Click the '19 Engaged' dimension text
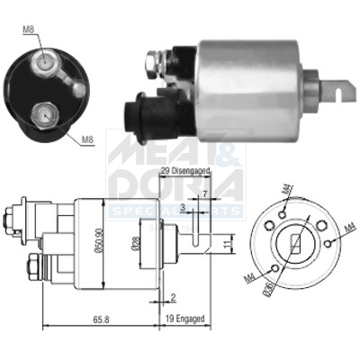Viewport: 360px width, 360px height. tap(185, 319)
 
